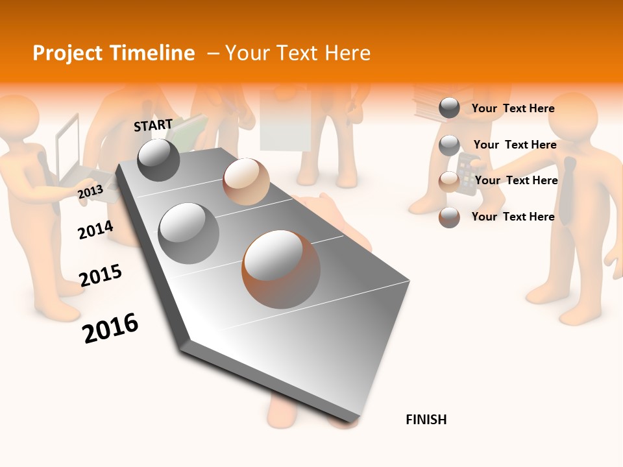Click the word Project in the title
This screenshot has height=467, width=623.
[67, 53]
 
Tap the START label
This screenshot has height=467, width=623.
[153, 125]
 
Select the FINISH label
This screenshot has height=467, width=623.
[426, 420]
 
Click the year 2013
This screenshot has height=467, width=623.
[90, 192]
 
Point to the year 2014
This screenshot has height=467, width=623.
[95, 230]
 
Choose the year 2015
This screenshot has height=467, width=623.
[101, 275]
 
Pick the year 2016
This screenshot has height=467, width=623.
[110, 328]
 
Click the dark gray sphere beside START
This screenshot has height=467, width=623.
[158, 160]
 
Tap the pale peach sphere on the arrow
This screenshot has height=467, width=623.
[246, 181]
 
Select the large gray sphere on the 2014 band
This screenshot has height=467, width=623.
[188, 233]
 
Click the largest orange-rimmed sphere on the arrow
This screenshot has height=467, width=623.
[281, 269]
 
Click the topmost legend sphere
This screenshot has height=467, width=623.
[449, 108]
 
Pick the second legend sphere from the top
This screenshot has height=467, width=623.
[449, 145]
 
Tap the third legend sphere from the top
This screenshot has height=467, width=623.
[449, 182]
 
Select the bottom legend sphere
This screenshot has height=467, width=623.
[449, 217]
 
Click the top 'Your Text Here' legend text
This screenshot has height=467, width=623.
[513, 108]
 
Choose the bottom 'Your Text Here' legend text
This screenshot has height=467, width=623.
[513, 217]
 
